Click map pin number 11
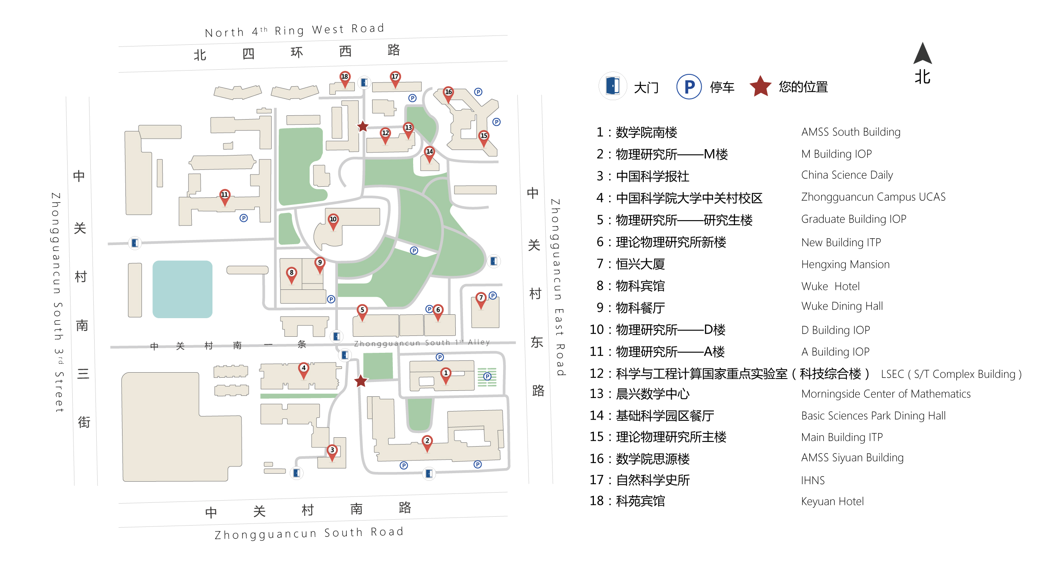pos(225,196)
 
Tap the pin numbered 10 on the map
pos(333,221)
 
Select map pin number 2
pos(427,443)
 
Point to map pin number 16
pos(449,94)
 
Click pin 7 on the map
pos(481,300)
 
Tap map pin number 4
pos(304,370)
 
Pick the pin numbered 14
pos(430,153)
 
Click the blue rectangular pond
pos(182,289)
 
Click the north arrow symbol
pos(923,53)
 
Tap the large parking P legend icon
pos(689,87)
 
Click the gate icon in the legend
pos(612,86)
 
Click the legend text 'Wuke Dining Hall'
pos(842,306)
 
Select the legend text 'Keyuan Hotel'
pos(833,502)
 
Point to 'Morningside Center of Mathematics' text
pos(886,394)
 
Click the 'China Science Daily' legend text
pos(847,175)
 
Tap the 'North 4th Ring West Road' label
pos(295,30)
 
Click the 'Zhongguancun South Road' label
pos(309,533)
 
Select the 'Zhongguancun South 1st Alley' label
pos(422,343)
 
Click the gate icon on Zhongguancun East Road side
pos(493,261)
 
